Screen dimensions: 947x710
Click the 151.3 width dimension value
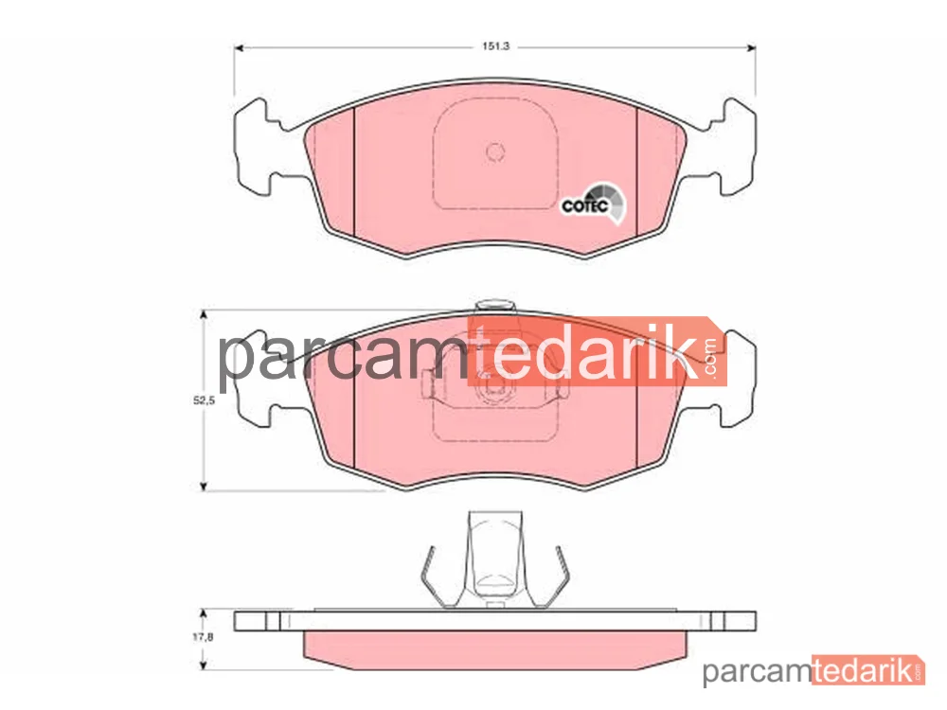pyautogui.click(x=495, y=46)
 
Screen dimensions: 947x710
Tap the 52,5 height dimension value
pyautogui.click(x=204, y=400)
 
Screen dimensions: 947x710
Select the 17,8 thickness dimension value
pyautogui.click(x=203, y=636)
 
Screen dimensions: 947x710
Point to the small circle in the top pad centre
pyautogui.click(x=495, y=152)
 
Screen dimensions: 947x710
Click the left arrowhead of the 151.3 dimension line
pyautogui.click(x=239, y=47)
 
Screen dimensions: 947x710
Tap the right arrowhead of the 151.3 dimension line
pyautogui.click(x=751, y=47)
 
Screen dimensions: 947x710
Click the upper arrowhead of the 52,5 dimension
pyautogui.click(x=204, y=314)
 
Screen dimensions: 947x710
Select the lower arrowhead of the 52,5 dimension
pyautogui.click(x=204, y=486)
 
